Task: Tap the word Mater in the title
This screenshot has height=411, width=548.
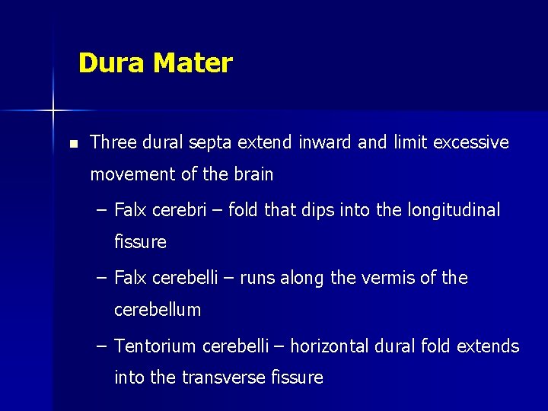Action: [x=193, y=63]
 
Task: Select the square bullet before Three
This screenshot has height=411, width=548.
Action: [x=72, y=143]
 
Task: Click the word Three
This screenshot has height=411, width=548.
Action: [x=111, y=142]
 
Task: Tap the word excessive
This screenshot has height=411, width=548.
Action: [x=471, y=142]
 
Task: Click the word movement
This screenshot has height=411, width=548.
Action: [x=132, y=174]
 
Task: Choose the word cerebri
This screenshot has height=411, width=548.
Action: [x=180, y=210]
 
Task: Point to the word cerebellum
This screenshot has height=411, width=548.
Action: [x=158, y=310]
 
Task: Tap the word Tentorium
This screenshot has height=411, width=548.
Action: [x=155, y=346]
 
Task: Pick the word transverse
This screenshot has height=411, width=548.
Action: [x=226, y=378]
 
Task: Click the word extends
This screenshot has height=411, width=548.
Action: [x=488, y=346]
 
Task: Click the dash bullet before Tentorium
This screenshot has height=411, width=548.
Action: [x=102, y=346]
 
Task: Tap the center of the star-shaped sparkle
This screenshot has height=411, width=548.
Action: [x=53, y=111]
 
